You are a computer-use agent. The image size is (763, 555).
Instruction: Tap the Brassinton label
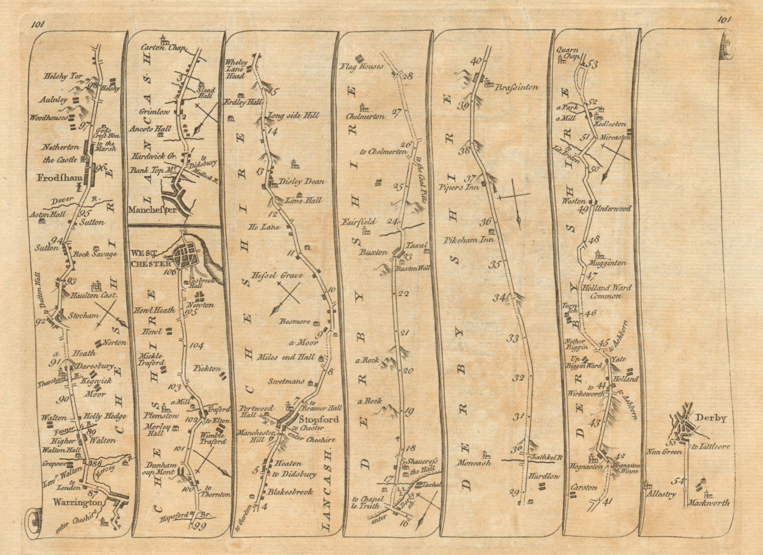point(517,87)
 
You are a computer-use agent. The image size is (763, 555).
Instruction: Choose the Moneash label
point(475,462)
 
